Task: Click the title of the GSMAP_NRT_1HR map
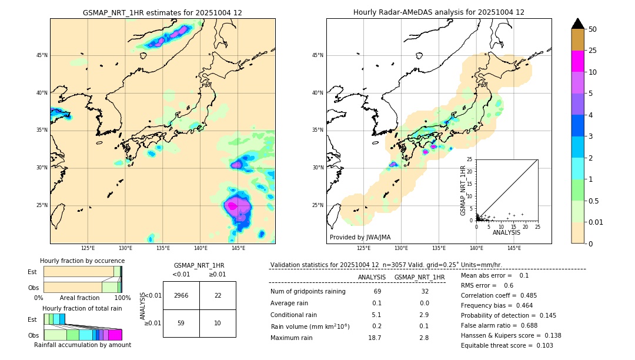point(162,12)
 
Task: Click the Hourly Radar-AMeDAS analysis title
point(439,12)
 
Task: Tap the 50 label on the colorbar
point(593,29)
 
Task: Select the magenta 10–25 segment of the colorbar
point(577,62)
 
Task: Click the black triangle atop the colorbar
point(577,24)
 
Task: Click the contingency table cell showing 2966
point(181,295)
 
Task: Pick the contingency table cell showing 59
point(181,323)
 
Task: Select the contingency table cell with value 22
point(218,295)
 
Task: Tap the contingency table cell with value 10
point(218,323)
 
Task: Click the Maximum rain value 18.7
point(376,338)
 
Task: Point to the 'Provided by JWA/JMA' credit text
point(360,237)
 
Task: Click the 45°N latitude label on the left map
point(42,55)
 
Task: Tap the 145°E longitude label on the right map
point(514,249)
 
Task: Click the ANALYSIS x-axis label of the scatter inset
point(506,232)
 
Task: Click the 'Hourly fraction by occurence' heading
point(82,261)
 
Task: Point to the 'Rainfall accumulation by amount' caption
point(82,345)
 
